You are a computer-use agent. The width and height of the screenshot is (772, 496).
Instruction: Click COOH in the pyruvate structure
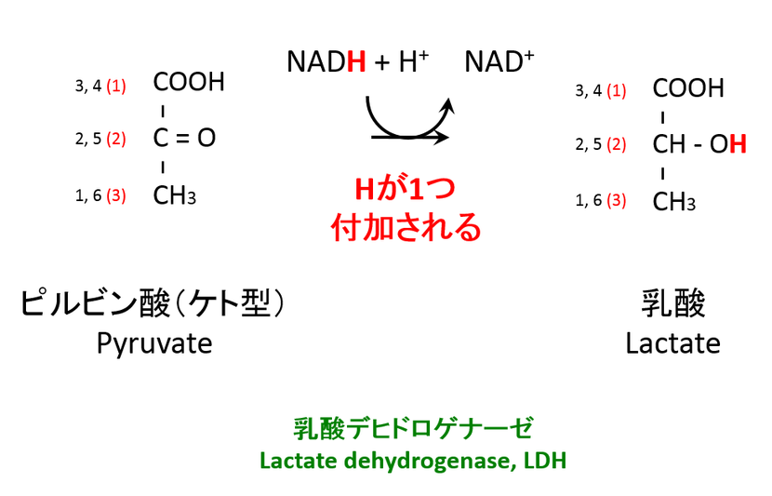189,83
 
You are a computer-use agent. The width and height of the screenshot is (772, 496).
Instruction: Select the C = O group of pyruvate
184,139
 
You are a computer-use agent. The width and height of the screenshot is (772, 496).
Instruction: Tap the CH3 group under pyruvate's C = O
175,195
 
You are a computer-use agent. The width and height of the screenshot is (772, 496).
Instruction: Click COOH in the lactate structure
688,88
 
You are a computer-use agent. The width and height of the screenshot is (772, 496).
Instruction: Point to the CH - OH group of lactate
699,144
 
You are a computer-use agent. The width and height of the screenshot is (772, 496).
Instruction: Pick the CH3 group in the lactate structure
674,201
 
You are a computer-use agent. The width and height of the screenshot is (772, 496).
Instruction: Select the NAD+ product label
499,62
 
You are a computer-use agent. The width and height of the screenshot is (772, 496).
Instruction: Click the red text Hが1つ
406,190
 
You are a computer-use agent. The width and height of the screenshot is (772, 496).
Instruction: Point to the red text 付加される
406,226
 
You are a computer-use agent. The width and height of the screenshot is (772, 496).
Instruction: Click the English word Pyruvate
154,343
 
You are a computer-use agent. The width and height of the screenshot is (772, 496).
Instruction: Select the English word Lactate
672,343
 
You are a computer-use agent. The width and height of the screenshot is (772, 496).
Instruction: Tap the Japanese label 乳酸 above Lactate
673,303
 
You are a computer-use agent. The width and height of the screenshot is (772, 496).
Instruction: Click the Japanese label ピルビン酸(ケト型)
152,304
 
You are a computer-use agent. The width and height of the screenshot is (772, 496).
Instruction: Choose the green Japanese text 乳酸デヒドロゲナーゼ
413,429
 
